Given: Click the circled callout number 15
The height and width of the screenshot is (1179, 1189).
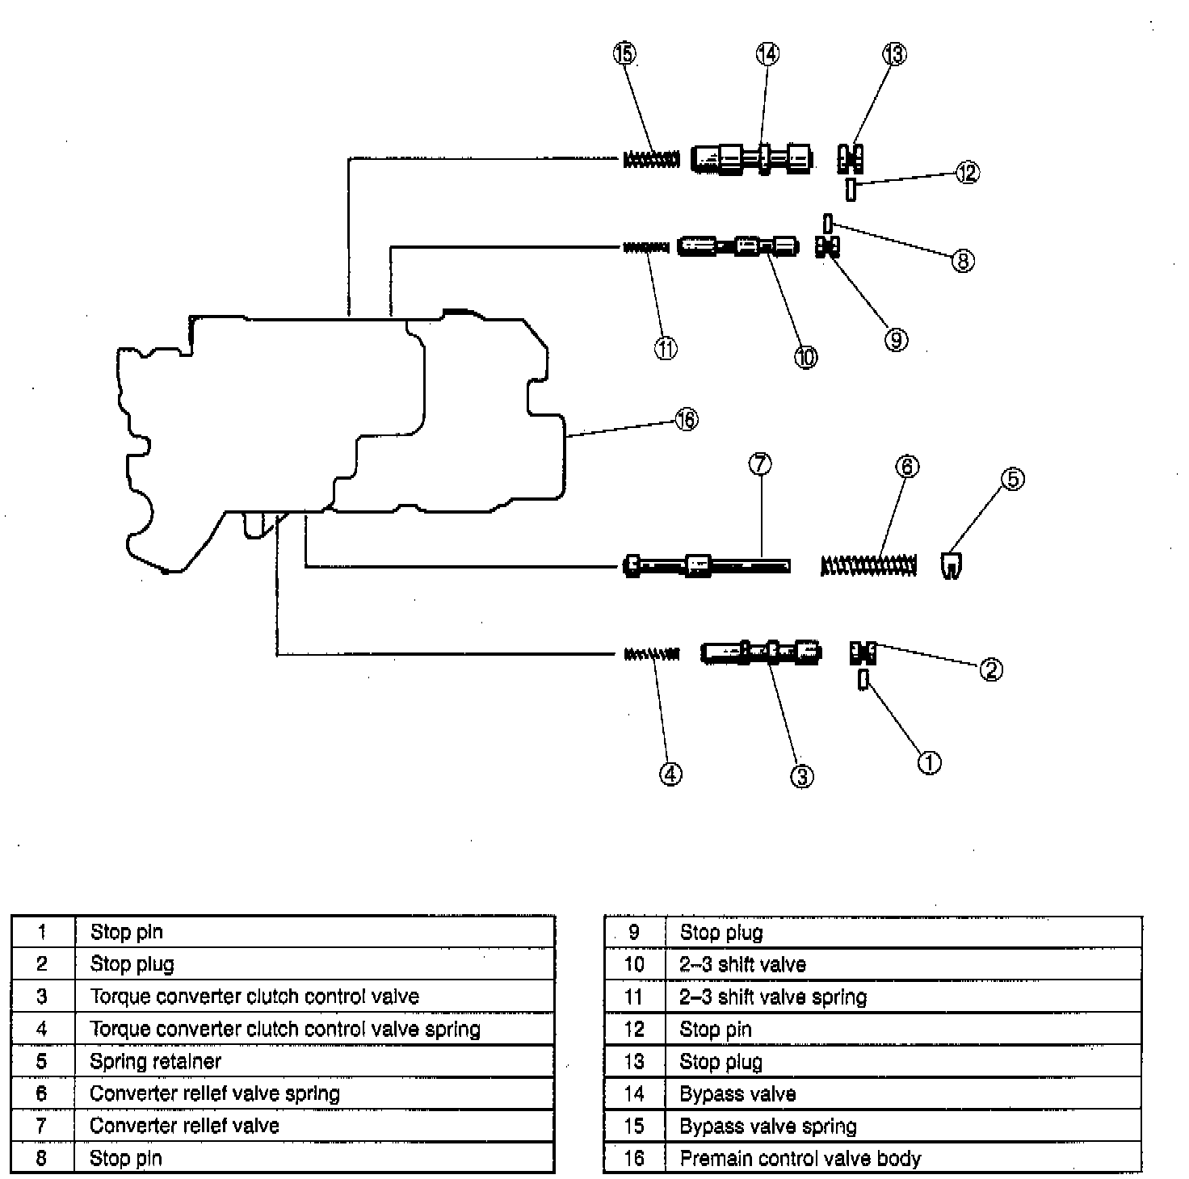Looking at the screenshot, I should click(x=624, y=54).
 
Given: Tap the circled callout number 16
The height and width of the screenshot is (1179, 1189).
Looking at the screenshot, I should click(x=686, y=420).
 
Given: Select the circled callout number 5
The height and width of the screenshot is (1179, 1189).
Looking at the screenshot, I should click(x=1012, y=479).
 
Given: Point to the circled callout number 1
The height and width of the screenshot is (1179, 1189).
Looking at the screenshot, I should click(x=929, y=762).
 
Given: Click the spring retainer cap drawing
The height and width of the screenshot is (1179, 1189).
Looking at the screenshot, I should click(x=952, y=564).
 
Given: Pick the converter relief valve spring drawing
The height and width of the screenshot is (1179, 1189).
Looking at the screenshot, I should click(x=869, y=564).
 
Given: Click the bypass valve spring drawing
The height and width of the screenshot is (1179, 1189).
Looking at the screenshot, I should click(x=650, y=160).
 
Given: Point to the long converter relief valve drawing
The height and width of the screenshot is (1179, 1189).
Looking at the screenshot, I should click(x=707, y=564).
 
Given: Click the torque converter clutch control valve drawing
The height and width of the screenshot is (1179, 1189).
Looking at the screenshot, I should click(x=761, y=652).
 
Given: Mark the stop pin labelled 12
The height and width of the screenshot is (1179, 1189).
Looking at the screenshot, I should click(x=851, y=190).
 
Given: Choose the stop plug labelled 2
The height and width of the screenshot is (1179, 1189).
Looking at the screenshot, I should click(x=863, y=652).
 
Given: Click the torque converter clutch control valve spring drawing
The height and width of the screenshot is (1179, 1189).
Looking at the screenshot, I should click(x=651, y=653).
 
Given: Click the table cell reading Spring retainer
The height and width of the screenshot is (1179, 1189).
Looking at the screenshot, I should click(x=314, y=1061).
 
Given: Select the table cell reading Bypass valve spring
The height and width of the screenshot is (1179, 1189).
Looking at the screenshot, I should click(x=903, y=1126).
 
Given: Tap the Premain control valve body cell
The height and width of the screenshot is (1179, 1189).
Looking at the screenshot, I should click(x=903, y=1158).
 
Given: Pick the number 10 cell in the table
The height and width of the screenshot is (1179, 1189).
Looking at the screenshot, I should click(x=634, y=964).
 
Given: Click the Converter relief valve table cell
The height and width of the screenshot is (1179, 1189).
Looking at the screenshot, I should click(x=314, y=1126).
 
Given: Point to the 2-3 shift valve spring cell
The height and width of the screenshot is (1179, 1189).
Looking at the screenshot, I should click(x=903, y=996).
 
